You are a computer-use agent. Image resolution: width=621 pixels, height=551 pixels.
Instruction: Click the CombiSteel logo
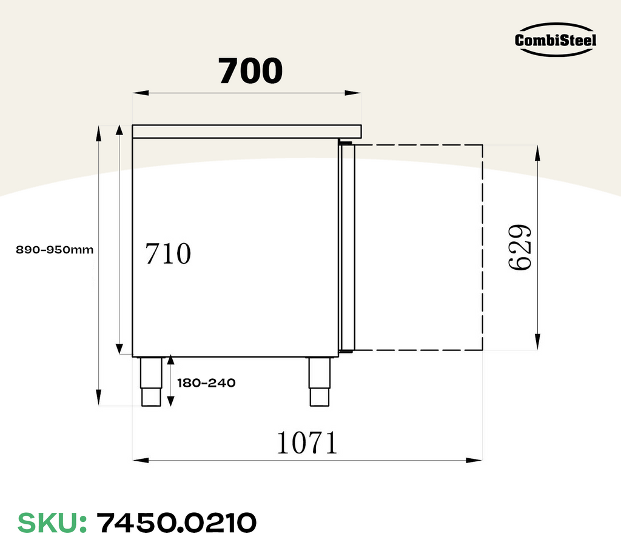556,40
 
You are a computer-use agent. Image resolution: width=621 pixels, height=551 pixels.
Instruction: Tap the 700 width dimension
250,71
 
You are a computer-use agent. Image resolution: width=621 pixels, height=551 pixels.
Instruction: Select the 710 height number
168,254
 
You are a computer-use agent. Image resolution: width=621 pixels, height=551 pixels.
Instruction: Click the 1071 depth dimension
306,443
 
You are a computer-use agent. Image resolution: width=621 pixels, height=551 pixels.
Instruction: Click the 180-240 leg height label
206,383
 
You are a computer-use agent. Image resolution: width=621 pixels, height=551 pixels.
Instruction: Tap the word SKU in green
52,522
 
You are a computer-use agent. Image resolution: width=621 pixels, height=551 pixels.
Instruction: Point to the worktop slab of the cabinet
247,130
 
